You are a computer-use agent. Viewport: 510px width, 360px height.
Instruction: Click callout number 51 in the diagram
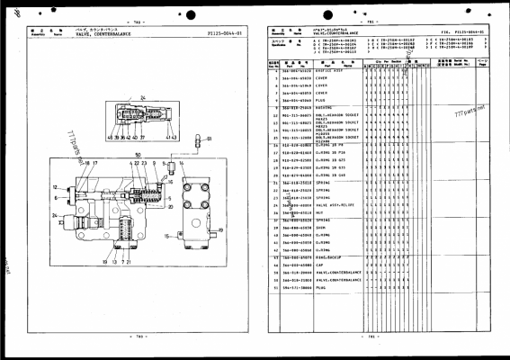[209, 140]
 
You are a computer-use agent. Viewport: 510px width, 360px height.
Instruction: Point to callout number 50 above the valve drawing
[138, 155]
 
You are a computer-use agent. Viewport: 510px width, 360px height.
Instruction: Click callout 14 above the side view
[183, 163]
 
